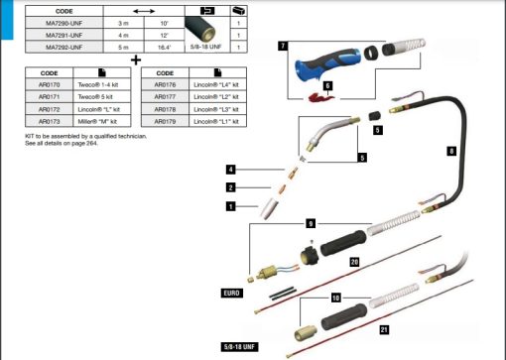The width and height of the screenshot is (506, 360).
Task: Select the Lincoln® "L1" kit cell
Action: (x=222, y=120)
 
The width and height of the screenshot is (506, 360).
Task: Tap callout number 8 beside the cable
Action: (x=451, y=152)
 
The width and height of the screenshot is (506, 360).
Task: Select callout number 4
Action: (x=230, y=169)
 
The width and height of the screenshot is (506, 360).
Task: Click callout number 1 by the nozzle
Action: (x=230, y=206)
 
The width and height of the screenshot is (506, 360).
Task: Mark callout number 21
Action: (x=384, y=328)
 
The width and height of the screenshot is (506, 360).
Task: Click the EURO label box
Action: (x=232, y=294)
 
